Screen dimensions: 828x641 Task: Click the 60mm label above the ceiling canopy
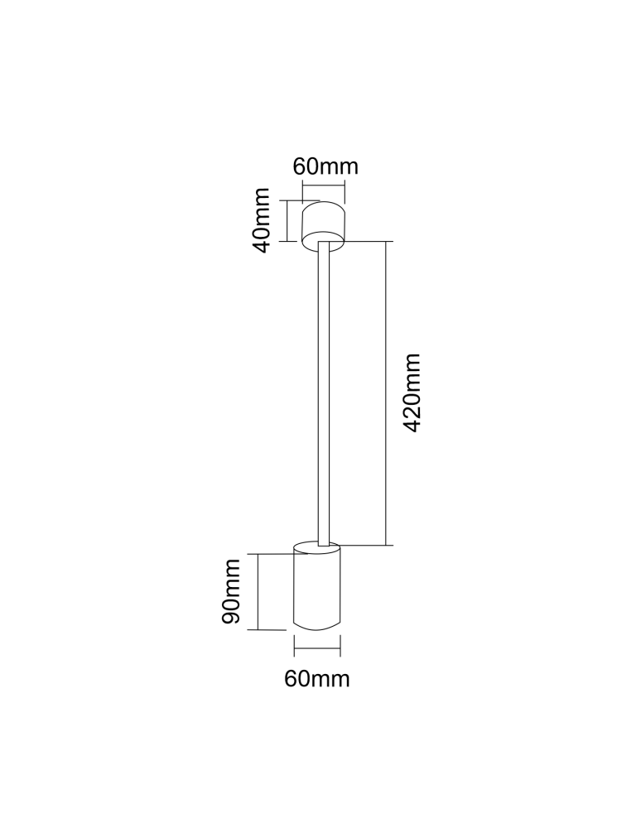(325, 166)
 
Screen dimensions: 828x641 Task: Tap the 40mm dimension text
(262, 220)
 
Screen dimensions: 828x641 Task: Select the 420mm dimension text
(412, 393)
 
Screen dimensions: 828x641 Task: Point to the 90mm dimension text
(231, 592)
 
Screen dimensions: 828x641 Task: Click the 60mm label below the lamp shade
(317, 679)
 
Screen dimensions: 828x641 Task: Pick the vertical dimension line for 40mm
(287, 220)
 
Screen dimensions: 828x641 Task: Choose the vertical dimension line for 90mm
(259, 592)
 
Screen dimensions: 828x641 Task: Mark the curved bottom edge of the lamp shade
(317, 627)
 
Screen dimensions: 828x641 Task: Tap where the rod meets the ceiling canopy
(324, 243)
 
